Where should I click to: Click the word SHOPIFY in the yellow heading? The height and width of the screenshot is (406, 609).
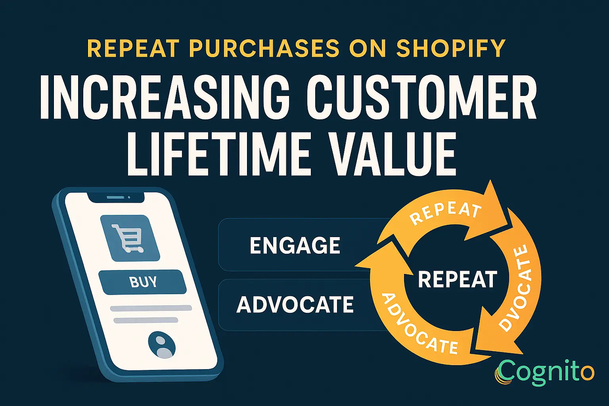451,48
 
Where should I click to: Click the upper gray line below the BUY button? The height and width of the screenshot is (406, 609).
151,308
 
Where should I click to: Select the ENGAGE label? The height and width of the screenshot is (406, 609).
295,245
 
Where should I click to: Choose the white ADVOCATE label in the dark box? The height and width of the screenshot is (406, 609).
295,304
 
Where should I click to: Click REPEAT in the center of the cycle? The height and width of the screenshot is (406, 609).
458,280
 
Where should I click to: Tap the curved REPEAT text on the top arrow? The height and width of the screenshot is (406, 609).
446,213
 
